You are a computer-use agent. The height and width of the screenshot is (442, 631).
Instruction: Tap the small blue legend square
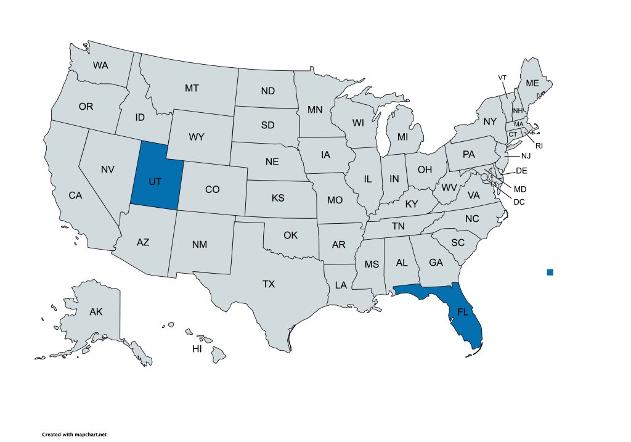tap(550, 272)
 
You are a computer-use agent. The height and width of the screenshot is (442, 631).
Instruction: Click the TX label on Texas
tap(269, 284)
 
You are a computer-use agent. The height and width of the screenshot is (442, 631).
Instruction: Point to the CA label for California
tap(75, 195)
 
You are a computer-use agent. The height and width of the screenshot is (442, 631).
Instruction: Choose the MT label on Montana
tap(192, 88)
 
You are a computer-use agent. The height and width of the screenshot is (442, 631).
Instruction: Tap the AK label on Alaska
tap(96, 312)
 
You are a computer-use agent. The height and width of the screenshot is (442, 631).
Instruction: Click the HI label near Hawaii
tap(197, 349)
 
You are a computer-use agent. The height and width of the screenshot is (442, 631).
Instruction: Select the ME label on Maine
tap(532, 83)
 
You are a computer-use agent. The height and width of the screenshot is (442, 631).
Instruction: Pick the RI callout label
tap(539, 146)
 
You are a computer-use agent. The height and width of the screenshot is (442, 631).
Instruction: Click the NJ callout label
tap(525, 156)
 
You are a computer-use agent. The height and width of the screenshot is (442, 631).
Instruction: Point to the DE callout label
tap(521, 170)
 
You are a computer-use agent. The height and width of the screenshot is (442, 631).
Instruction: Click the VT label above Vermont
tap(502, 77)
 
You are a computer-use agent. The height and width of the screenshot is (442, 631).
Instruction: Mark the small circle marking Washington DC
tap(484, 178)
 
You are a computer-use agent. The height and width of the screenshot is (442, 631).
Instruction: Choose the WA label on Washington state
tap(100, 65)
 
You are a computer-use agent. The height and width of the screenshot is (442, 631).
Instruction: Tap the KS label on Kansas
tap(278, 198)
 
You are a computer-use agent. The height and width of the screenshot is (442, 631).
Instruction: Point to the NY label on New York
tap(490, 122)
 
